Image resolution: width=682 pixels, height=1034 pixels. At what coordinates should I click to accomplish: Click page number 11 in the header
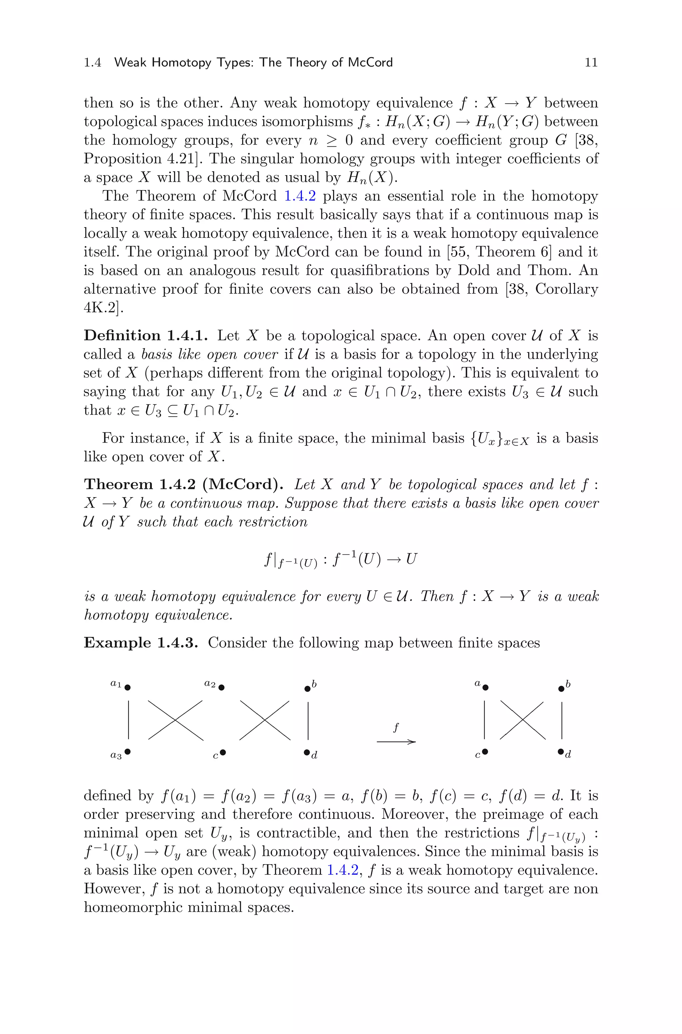tap(591, 63)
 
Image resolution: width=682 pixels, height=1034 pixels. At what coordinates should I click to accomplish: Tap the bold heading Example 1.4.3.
tap(141, 643)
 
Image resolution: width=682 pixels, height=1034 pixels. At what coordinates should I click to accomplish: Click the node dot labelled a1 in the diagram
tap(128, 687)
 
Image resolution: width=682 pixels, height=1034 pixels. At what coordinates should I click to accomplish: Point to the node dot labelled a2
tap(221, 687)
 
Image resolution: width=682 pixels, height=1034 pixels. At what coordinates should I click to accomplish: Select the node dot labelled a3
tap(128, 751)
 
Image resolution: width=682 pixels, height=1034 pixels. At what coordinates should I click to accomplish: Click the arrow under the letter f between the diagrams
tap(396, 742)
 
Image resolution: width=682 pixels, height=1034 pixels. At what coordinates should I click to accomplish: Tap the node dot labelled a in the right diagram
tap(486, 687)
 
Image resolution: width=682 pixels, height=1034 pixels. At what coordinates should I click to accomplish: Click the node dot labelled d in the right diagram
tap(561, 751)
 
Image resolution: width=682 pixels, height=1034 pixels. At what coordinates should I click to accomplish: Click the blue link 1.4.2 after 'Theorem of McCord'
tap(300, 196)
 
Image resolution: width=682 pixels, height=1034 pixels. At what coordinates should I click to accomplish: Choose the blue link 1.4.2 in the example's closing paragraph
tap(342, 870)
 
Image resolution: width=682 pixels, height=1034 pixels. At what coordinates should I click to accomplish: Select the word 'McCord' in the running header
tap(370, 63)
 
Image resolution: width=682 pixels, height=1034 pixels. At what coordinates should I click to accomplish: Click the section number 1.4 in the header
tap(93, 63)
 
